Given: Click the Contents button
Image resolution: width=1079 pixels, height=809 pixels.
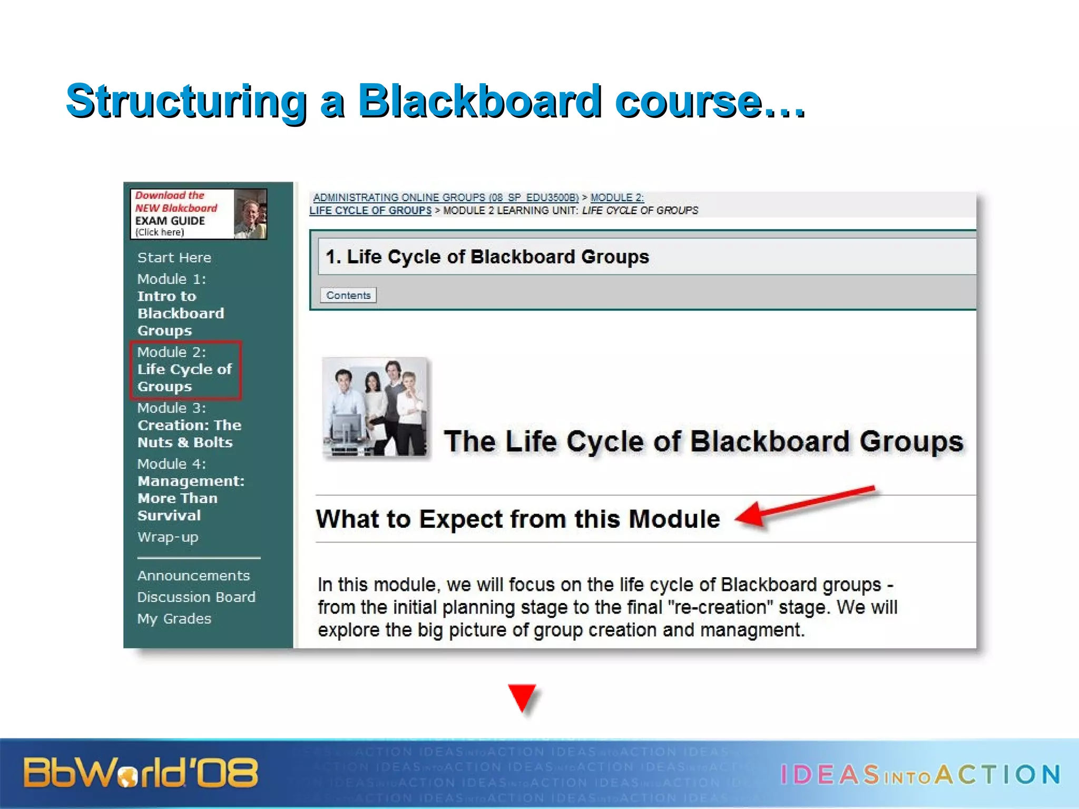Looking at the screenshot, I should click(x=348, y=295).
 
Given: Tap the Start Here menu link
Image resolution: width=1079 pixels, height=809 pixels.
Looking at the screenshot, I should click(x=174, y=258).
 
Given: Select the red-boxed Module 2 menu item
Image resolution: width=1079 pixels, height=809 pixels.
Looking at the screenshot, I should click(x=185, y=369).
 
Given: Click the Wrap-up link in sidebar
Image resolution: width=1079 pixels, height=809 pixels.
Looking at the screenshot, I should click(x=168, y=537).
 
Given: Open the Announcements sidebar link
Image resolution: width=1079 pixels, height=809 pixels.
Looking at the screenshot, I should click(x=193, y=576).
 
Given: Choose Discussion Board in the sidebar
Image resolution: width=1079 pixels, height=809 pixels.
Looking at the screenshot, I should click(x=196, y=597).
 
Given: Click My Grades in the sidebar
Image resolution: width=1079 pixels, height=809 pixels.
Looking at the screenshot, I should click(x=174, y=619).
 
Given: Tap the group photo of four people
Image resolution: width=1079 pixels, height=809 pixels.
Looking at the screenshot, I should click(x=375, y=406).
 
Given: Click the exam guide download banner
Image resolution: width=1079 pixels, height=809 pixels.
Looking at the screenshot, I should click(x=198, y=214).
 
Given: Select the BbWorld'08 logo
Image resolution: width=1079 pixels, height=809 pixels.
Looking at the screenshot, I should click(x=140, y=773).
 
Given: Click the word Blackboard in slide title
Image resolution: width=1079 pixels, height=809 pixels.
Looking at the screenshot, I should click(x=479, y=101).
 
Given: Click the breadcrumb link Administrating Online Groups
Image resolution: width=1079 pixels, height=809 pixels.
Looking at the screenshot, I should click(x=446, y=198).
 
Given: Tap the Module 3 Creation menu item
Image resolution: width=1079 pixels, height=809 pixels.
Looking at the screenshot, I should click(x=189, y=425).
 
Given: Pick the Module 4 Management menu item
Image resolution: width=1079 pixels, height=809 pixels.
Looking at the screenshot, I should click(x=190, y=489).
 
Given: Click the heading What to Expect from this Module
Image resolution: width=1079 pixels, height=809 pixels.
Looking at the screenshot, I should click(x=517, y=519).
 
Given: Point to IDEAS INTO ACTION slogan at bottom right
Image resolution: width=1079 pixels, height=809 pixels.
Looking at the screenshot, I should click(x=919, y=774).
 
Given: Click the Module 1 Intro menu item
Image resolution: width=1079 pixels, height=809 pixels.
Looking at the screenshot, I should click(x=180, y=304).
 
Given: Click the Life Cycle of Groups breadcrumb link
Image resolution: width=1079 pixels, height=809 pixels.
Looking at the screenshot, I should click(x=370, y=211).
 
